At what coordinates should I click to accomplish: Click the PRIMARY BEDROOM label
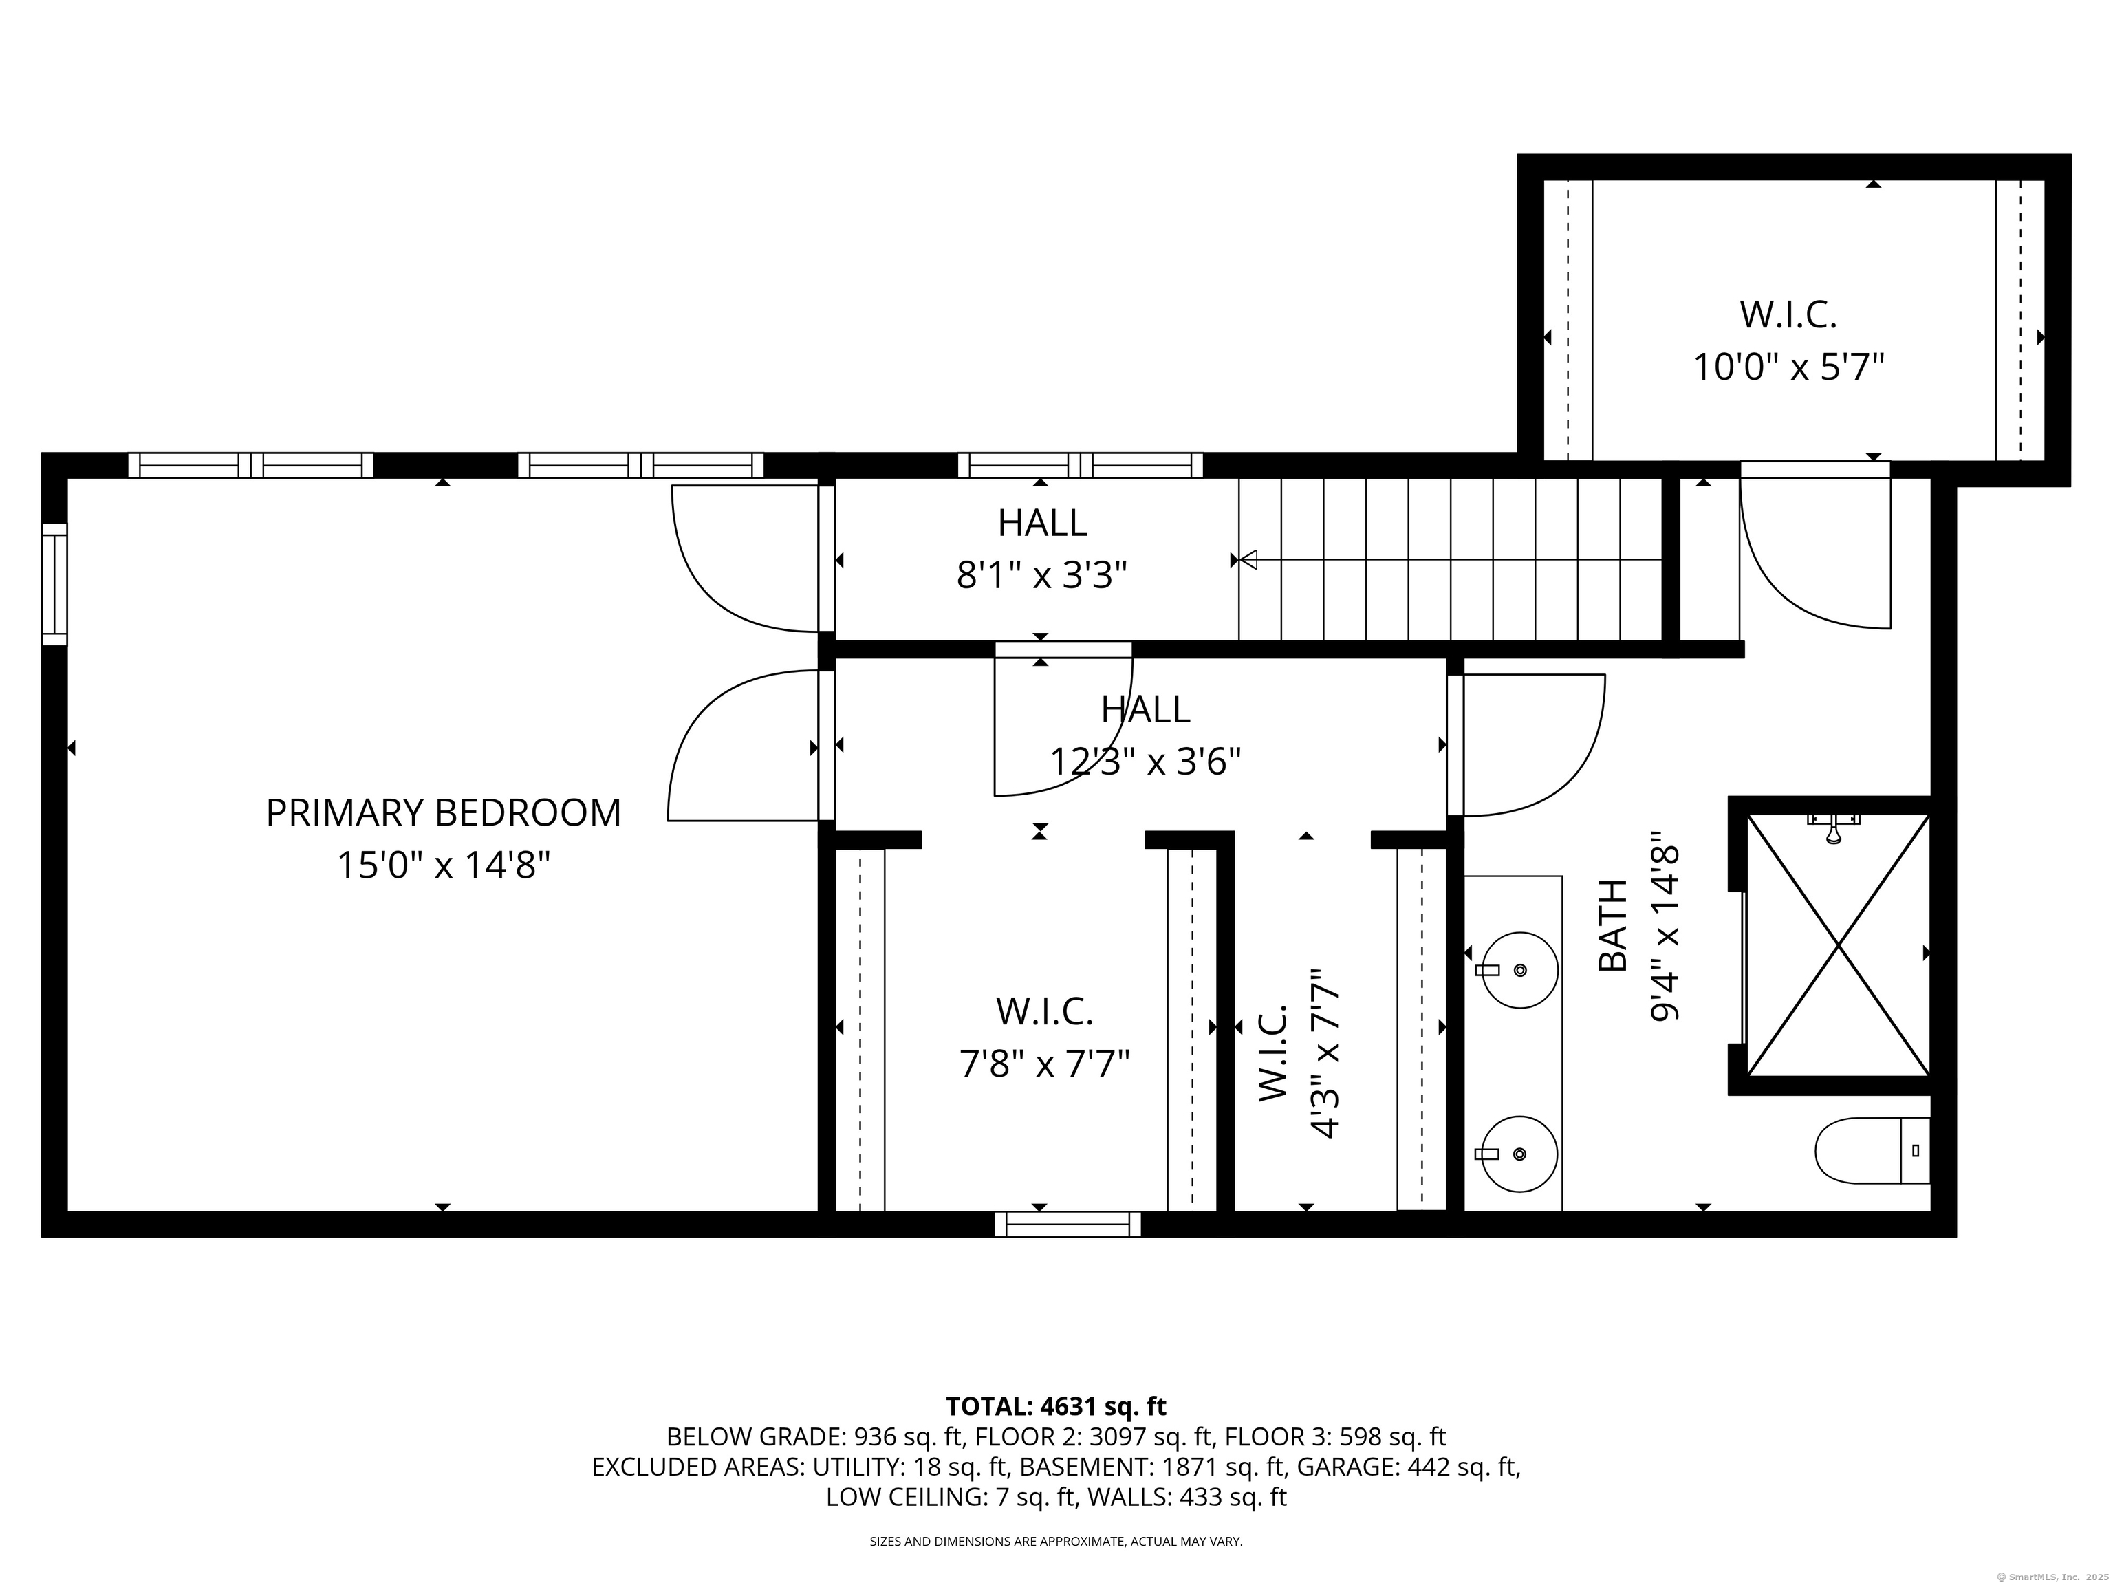coord(443,813)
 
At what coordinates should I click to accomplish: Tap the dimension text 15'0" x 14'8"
coord(443,867)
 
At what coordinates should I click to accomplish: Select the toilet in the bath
coord(1870,1150)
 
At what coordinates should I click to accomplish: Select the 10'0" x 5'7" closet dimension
coord(1788,367)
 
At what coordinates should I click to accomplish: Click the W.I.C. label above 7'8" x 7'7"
coord(1044,1011)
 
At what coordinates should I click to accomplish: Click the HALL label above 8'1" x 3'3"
coord(1042,523)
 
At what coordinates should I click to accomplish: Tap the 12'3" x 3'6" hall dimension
coord(1145,762)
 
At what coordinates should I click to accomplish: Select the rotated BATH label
coord(1612,926)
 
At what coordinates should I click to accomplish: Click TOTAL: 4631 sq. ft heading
coord(1056,1406)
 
